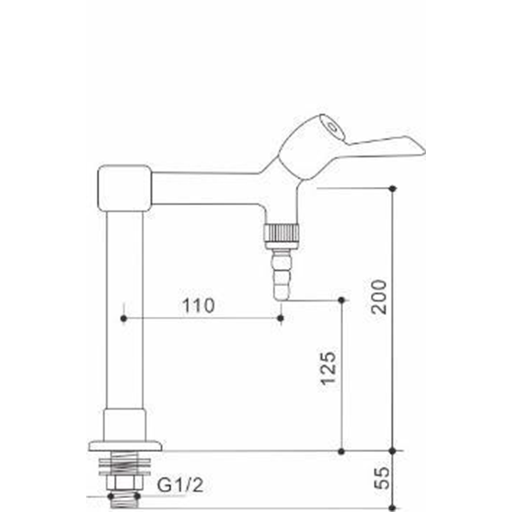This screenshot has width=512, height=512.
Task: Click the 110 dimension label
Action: pos(198,306)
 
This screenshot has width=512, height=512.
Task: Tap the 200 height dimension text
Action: pos(379,297)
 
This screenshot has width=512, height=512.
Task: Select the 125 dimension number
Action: pos(328,368)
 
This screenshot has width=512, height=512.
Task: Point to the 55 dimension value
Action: pos(382,478)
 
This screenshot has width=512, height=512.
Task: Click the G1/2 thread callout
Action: pos(180,485)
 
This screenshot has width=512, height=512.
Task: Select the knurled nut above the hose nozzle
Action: pos(281,233)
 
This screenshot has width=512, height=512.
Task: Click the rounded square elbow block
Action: pos(124,188)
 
